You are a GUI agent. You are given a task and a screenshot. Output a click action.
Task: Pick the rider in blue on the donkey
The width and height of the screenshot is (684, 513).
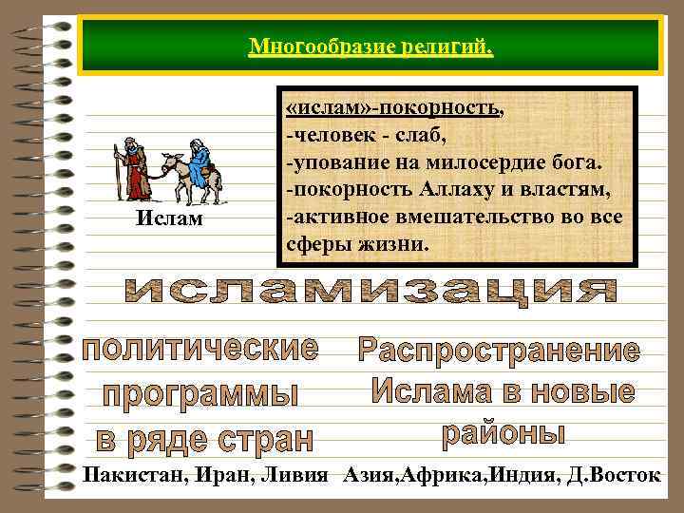pos(198,161)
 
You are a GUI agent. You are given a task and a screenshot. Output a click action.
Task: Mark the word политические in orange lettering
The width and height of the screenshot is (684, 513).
pos(200,350)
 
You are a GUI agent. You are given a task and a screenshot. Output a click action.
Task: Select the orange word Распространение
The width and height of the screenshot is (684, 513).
pos(499,351)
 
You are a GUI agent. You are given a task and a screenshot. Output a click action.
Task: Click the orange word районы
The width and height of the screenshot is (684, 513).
pos(504,433)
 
